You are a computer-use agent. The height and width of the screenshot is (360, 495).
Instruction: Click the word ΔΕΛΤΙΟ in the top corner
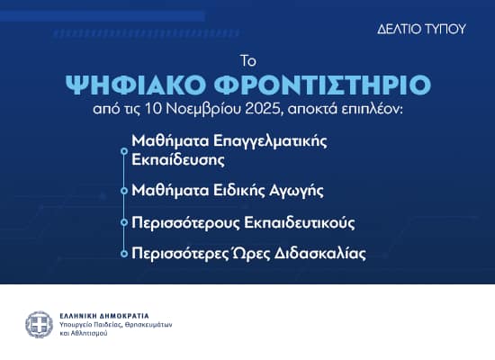click(398, 29)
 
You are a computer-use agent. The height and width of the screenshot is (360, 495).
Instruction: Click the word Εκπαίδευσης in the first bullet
click(176, 159)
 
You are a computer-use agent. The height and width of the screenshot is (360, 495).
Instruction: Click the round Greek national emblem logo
click(39, 324)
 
